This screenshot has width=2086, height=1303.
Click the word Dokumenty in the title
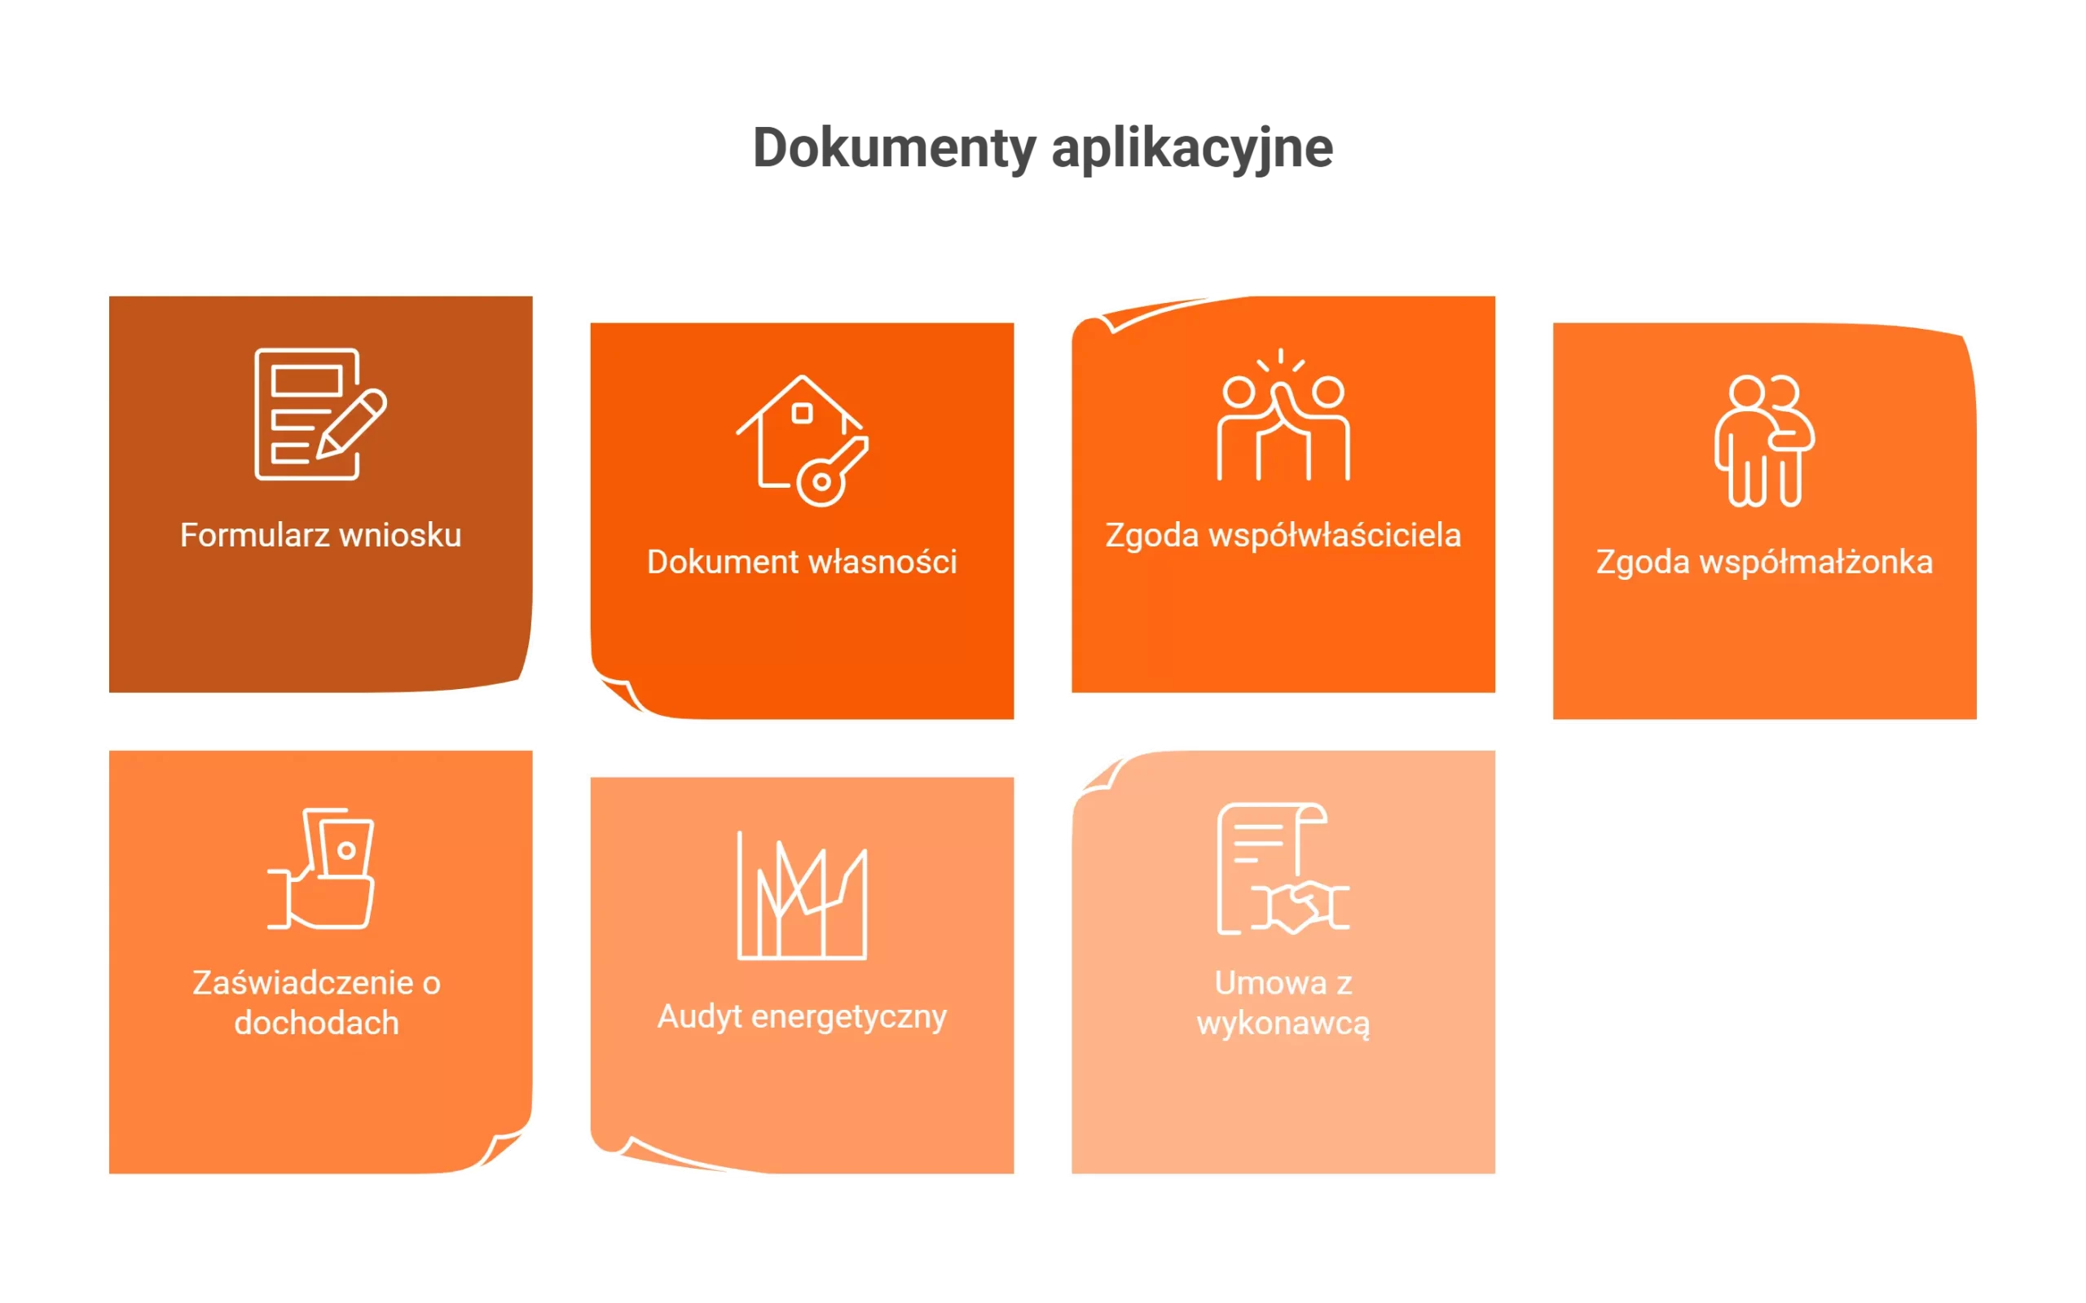893,148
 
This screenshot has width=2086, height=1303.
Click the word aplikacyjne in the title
1192,148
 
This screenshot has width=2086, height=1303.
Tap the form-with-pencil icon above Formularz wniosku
319,414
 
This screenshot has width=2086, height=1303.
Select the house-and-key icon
802,441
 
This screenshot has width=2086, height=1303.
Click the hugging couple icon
1763,441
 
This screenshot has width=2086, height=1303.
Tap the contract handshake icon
1283,869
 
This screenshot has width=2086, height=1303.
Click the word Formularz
254,535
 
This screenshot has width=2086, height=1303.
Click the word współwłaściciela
1335,535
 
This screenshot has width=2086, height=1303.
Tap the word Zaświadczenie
302,983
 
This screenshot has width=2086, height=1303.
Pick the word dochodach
316,1023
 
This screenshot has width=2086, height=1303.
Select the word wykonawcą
1283,1024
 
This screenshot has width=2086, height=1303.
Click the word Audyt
699,1017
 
